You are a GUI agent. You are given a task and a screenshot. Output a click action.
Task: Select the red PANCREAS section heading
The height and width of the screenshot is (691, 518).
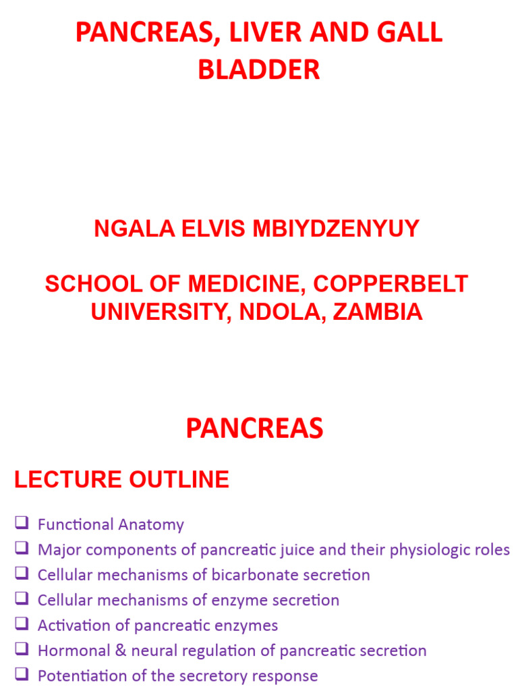pyautogui.click(x=255, y=429)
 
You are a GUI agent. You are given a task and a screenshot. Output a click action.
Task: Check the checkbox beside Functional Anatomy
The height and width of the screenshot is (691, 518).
pyautogui.click(x=21, y=523)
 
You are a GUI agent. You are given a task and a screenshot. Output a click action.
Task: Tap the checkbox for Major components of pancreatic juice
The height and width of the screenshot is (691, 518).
pyautogui.click(x=21, y=548)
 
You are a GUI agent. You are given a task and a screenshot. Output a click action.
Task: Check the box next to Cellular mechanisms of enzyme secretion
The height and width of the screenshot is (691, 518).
pyautogui.click(x=21, y=599)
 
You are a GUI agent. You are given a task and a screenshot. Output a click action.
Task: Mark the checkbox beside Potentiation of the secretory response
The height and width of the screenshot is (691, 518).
pyautogui.click(x=21, y=674)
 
